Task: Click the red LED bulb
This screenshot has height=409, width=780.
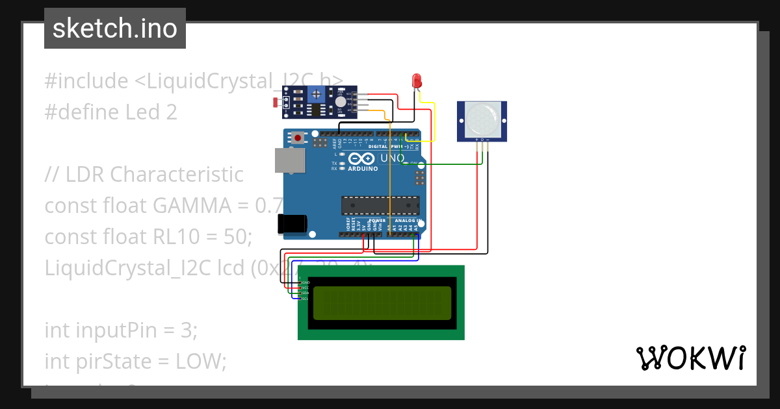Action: tap(417, 81)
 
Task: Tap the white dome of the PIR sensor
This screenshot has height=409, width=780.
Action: tap(482, 119)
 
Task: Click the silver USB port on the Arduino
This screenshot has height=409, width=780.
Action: tap(289, 160)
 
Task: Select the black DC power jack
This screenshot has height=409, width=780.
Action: tap(292, 223)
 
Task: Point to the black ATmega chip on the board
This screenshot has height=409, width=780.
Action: tap(380, 205)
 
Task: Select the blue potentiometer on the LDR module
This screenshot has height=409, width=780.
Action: tap(316, 95)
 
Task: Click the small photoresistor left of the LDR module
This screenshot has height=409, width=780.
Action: tap(277, 103)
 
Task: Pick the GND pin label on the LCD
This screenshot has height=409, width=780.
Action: tap(305, 283)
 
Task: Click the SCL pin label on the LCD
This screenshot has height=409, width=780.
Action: tap(305, 299)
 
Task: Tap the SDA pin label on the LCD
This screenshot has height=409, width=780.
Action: tap(305, 293)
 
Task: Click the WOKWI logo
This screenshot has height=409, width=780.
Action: tap(691, 358)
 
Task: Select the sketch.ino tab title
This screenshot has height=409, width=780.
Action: tap(115, 29)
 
